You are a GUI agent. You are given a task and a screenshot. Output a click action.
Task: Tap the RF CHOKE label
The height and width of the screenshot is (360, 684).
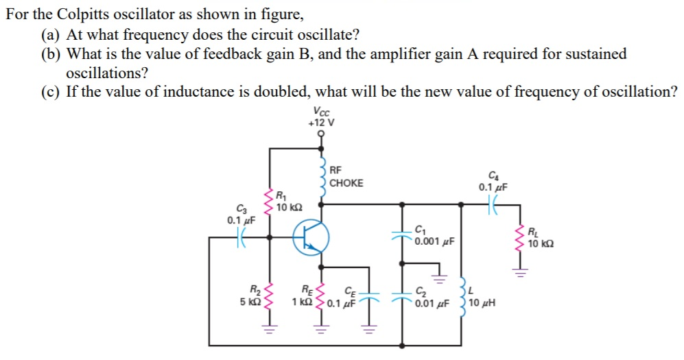click(346, 177)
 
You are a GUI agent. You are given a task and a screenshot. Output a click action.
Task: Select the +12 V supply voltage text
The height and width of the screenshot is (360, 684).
click(321, 123)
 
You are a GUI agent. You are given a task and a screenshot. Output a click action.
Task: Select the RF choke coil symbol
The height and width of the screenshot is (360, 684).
click(320, 178)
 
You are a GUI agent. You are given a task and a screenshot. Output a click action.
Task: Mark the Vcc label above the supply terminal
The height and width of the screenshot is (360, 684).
click(320, 112)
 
